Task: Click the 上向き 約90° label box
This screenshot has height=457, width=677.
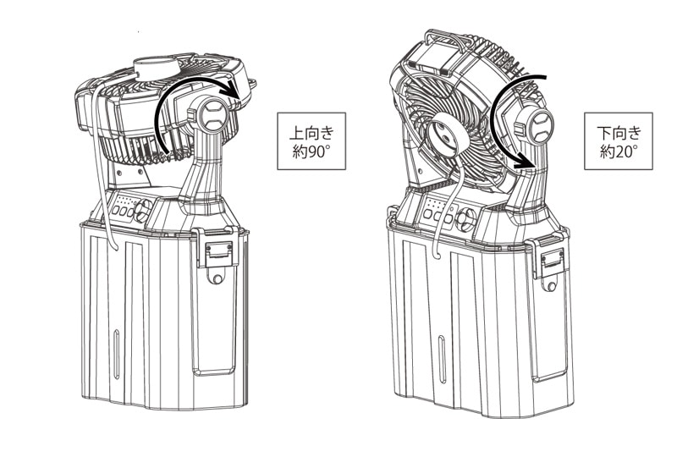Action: (x=311, y=141)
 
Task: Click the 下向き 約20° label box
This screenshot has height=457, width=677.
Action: (x=619, y=141)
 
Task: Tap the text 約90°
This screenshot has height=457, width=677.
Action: (x=311, y=152)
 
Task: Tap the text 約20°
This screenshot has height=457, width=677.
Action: (x=619, y=152)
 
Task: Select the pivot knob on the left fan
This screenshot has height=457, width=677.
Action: (x=212, y=114)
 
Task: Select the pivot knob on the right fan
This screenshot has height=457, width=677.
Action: (x=537, y=125)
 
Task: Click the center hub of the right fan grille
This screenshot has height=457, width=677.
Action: (x=447, y=136)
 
